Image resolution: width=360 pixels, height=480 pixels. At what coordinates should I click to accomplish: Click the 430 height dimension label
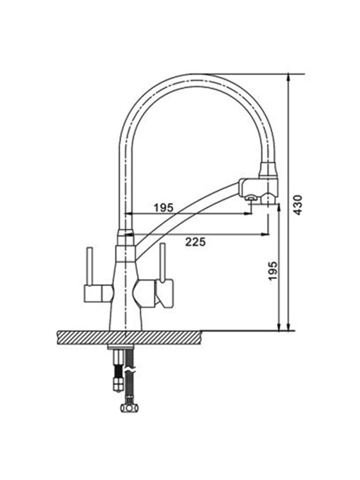[298, 205]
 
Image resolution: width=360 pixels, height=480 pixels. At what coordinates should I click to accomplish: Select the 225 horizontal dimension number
[196, 242]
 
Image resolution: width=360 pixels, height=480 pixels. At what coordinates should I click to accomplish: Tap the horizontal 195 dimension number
[164, 208]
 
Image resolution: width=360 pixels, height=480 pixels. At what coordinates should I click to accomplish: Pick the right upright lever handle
[163, 261]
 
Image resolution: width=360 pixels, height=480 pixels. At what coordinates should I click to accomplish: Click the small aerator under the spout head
[251, 198]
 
